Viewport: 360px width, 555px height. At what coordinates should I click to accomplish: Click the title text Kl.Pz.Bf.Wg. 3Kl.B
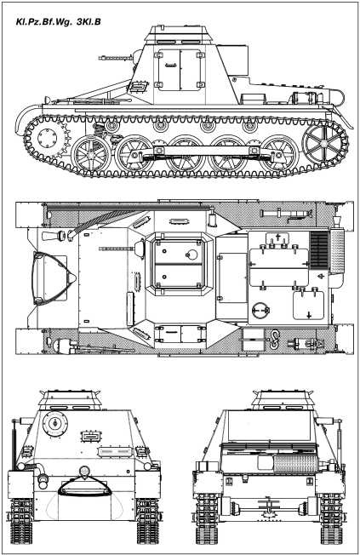click(59, 21)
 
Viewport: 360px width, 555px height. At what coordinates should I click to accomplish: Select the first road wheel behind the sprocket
click(91, 155)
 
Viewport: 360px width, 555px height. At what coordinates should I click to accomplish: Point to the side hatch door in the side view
click(180, 70)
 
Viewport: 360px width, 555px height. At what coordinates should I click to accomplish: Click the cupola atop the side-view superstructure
click(180, 35)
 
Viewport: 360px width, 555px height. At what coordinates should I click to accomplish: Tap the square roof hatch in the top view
click(180, 264)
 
